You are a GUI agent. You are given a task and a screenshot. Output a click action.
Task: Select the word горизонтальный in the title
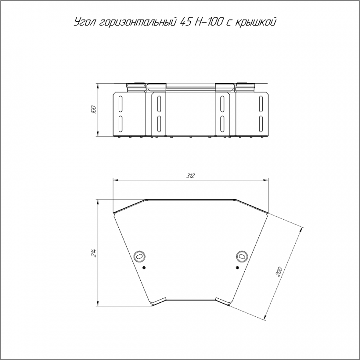(138, 23)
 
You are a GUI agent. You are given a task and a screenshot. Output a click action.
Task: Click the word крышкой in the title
(255, 23)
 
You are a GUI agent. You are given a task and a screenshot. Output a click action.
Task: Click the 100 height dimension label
(94, 110)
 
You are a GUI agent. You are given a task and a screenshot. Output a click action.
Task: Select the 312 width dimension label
(190, 176)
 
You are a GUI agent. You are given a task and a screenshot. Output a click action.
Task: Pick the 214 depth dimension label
(94, 252)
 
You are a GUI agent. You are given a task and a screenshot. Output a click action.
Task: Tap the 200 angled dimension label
(279, 272)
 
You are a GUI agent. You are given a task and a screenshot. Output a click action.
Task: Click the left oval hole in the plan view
(139, 256)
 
